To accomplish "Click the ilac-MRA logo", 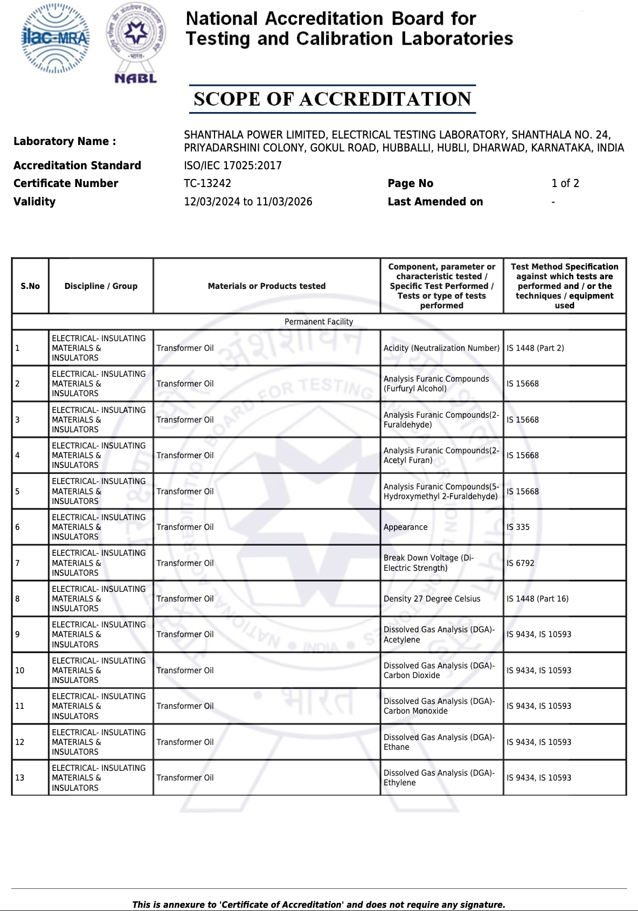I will point(55,38).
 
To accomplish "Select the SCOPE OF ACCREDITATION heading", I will point(332,99).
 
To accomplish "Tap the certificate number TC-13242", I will point(207,183).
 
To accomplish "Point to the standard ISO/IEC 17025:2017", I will point(233,165).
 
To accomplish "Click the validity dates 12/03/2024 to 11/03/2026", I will point(248,202).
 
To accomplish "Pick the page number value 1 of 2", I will point(565,183).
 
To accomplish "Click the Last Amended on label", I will point(435,202).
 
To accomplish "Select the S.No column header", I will point(30,286).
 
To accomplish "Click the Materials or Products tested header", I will point(267,286).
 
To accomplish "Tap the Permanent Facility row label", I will point(319,322).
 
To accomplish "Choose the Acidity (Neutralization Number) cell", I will point(441,348).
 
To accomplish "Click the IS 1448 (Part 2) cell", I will point(535,348).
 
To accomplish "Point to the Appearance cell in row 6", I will point(405,527).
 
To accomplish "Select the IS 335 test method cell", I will point(518,527).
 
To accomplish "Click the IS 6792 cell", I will point(521,563).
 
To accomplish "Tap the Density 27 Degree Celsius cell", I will point(432,599).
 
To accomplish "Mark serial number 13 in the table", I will point(20,778).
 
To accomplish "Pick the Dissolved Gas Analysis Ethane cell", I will point(439,742).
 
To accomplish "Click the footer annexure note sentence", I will point(319,905).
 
